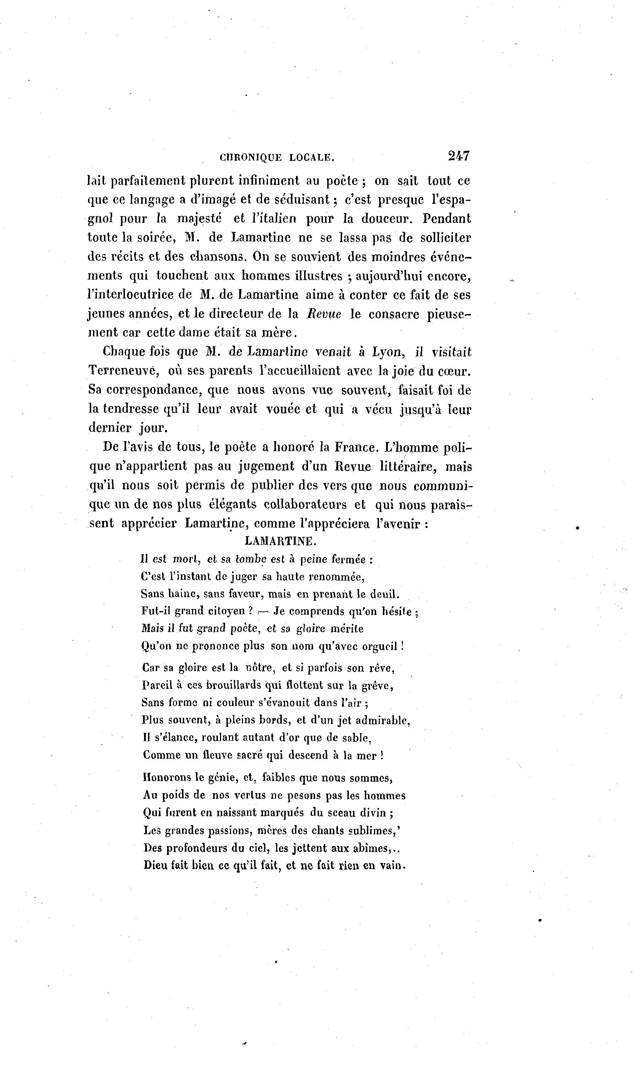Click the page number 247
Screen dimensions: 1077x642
[459, 156]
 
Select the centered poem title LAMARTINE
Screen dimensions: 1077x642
[281, 541]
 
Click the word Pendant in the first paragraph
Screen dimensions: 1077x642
[446, 219]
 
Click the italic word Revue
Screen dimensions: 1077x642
[324, 314]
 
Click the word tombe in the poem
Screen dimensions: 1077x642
[251, 559]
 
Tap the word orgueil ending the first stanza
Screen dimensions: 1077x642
[379, 646]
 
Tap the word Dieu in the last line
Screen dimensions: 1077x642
[156, 866]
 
